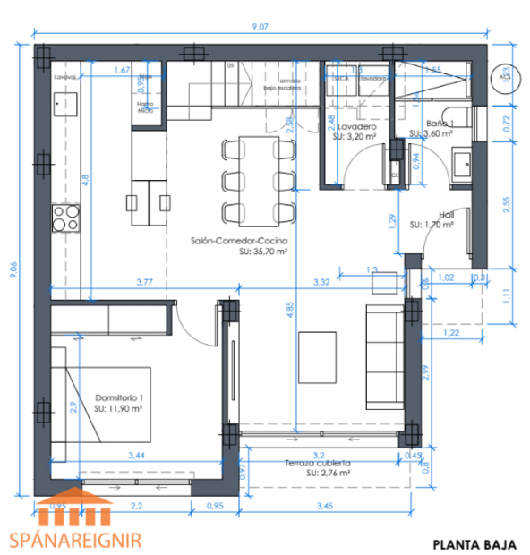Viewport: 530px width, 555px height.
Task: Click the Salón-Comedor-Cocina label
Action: [x=238, y=242]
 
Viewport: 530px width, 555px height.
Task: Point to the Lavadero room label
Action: [x=356, y=128]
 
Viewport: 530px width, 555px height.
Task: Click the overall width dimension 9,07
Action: [x=261, y=27]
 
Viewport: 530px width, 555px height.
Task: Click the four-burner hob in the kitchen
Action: [x=64, y=218]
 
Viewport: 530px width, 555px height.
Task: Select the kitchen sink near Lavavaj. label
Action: [x=63, y=105]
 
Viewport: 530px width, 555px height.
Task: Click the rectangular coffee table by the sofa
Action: [x=317, y=354]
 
